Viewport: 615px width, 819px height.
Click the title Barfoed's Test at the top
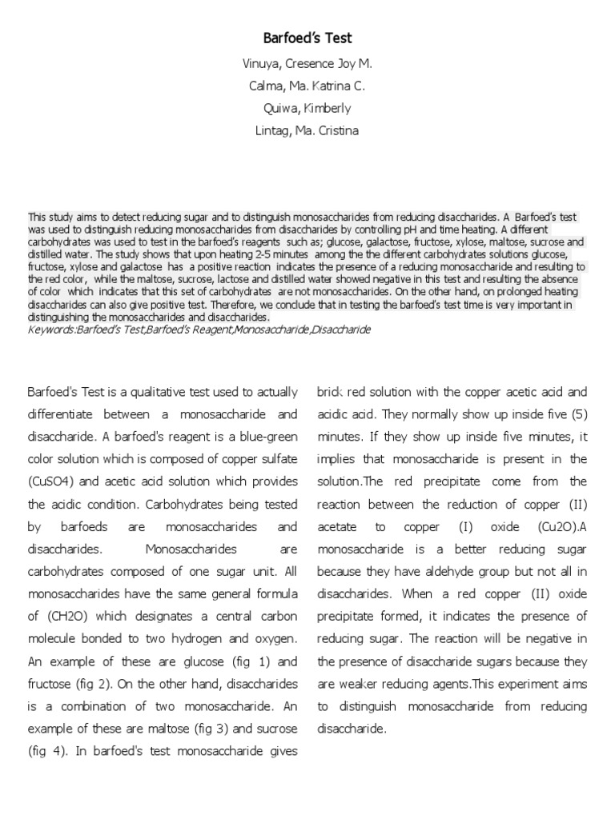pyautogui.click(x=307, y=38)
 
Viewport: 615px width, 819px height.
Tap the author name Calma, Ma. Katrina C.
pyautogui.click(x=307, y=86)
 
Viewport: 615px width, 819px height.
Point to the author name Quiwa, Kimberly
pyautogui.click(x=307, y=108)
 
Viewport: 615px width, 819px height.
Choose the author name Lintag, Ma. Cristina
pyautogui.click(x=307, y=130)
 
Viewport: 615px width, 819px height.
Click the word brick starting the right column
pyautogui.click(x=332, y=392)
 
